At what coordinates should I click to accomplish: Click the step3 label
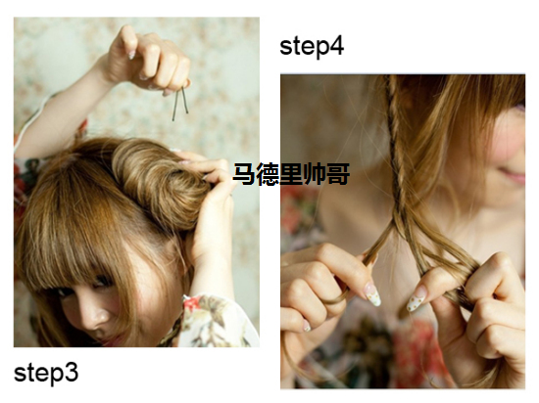(x=46, y=374)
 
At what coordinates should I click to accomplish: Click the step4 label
(x=312, y=47)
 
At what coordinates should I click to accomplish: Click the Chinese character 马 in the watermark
(x=244, y=174)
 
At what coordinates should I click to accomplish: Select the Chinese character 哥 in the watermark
(x=338, y=174)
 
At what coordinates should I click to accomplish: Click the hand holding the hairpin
(x=148, y=60)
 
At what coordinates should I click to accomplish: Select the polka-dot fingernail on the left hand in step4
(x=373, y=294)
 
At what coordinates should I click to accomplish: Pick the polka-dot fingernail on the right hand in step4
(x=416, y=299)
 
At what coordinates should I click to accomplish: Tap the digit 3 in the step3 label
(x=72, y=372)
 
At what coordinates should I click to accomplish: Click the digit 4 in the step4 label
(x=337, y=46)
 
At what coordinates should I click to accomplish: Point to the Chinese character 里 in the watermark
(x=291, y=174)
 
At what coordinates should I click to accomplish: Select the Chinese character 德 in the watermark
(x=269, y=174)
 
